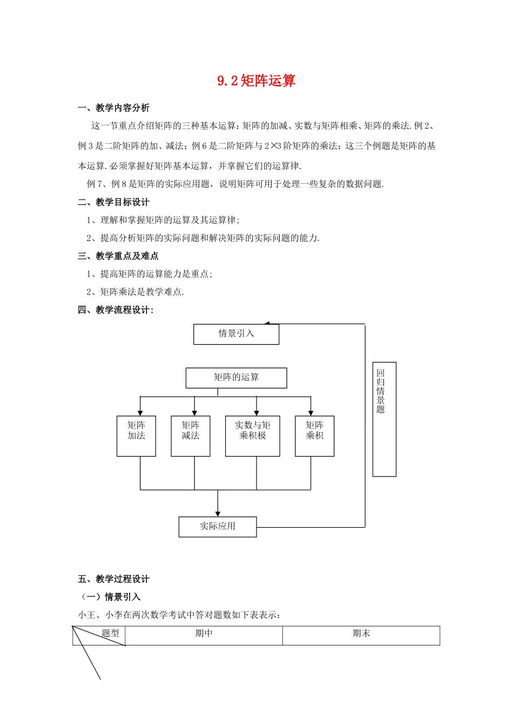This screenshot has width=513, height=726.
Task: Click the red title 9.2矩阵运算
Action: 256,81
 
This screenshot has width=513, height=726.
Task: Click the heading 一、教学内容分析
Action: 114,108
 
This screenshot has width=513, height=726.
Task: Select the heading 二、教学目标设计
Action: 114,202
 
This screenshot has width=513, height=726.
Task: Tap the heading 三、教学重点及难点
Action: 118,256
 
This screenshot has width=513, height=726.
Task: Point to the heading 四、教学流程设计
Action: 116,310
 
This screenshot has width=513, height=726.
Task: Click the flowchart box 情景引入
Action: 236,334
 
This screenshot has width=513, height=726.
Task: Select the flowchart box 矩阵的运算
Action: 236,378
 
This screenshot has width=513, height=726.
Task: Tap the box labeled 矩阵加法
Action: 136,435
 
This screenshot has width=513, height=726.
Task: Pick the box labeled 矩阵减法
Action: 190,435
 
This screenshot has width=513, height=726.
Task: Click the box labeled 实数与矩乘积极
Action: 252,435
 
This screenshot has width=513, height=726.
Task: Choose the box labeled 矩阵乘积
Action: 314,435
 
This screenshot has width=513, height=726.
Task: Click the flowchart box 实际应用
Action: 218,526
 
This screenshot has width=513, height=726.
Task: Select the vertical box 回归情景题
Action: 384,419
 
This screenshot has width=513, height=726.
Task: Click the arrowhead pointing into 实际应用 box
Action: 218,513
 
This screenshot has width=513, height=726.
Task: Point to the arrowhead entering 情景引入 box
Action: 267,324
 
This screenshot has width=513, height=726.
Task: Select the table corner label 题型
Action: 110,634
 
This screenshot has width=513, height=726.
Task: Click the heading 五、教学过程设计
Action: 114,579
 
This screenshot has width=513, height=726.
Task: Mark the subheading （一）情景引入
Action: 111,597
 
